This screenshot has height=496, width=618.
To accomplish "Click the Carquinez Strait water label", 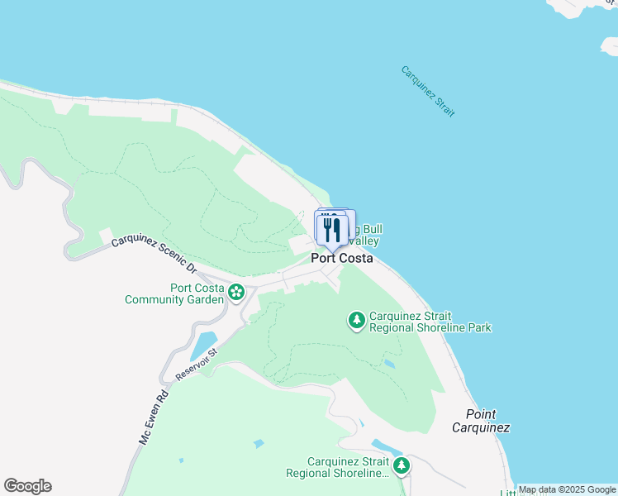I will click(428, 91).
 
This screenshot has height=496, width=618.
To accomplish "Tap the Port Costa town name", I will click(341, 258).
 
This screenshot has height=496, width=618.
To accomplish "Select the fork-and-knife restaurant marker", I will click(332, 230).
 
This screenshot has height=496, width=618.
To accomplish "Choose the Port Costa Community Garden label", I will click(174, 293).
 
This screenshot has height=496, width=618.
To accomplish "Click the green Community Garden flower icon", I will click(236, 291).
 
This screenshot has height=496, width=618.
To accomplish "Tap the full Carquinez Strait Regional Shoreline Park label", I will click(430, 322).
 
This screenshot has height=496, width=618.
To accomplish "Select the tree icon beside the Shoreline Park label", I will click(357, 319).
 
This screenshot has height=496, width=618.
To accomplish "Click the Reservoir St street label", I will click(196, 365).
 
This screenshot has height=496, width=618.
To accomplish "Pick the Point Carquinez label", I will click(481, 421).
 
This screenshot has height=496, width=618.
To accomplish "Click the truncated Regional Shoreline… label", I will click(337, 468).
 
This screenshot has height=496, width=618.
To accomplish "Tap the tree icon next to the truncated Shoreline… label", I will click(401, 466).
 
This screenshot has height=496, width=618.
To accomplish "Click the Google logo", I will click(27, 486).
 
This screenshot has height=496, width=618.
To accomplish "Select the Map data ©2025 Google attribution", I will click(568, 490).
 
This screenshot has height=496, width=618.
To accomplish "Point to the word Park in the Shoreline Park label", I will click(478, 327).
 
